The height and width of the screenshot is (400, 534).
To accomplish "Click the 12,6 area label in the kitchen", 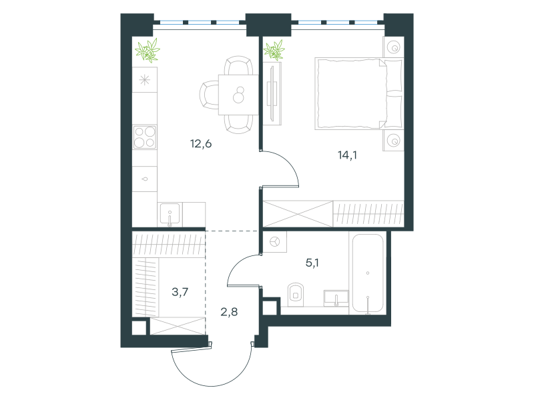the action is pyautogui.click(x=201, y=144).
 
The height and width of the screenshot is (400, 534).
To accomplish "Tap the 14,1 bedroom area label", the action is pyautogui.click(x=347, y=155).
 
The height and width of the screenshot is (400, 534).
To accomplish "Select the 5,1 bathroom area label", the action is pyautogui.click(x=312, y=263).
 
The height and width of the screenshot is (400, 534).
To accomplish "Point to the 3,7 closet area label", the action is pyautogui.click(x=180, y=292).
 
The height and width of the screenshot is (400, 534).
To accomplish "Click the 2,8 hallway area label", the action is pyautogui.click(x=229, y=311).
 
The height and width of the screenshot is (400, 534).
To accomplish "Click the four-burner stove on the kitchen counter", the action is pyautogui.click(x=145, y=137).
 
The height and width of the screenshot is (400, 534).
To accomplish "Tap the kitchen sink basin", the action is pyautogui.click(x=170, y=214).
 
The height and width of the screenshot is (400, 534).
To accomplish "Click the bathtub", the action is pyautogui.click(x=368, y=273).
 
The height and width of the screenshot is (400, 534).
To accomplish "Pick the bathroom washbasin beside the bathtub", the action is pyautogui.click(x=336, y=298).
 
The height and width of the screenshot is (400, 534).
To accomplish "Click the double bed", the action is pyautogui.click(x=359, y=93).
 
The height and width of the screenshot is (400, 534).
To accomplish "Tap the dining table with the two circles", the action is pyautogui.click(x=238, y=95).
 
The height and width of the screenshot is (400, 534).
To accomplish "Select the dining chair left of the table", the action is pyautogui.click(x=209, y=95).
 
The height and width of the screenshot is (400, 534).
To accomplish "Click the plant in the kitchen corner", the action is pyautogui.click(x=148, y=51).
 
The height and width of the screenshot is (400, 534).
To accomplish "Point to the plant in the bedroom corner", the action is pyautogui.click(x=274, y=50).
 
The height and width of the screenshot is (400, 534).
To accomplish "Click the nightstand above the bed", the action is pyautogui.click(x=393, y=47).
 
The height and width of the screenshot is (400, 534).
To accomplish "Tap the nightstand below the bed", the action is pyautogui.click(x=393, y=141).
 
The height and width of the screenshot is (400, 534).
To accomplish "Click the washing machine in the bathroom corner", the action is pyautogui.click(x=275, y=242).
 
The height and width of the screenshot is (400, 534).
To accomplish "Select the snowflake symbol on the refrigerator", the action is pyautogui.click(x=145, y=80).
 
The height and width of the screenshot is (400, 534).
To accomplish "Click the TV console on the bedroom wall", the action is pyautogui.click(x=272, y=93).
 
